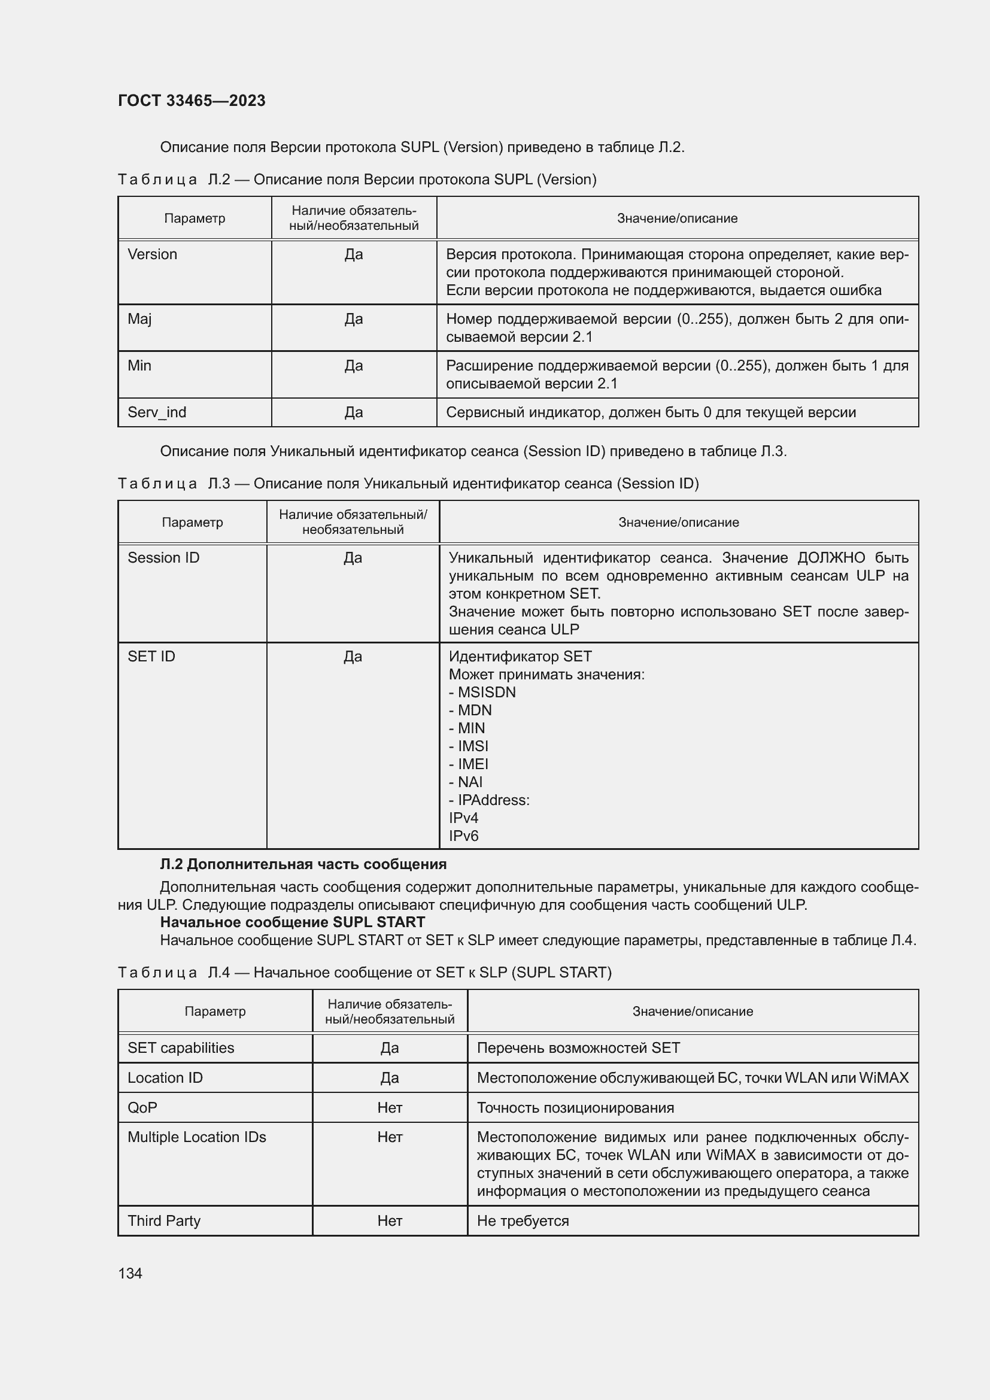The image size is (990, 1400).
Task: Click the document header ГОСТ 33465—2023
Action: pos(192,101)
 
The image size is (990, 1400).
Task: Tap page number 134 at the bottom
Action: pos(130,1273)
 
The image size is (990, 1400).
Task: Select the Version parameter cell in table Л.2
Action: pos(153,254)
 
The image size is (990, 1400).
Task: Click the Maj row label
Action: pos(139,319)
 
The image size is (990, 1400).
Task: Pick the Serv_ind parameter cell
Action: pos(157,412)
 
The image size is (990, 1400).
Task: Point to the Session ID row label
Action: pos(163,558)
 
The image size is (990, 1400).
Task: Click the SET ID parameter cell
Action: pos(151,657)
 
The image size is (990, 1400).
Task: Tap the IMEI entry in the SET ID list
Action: pos(472,764)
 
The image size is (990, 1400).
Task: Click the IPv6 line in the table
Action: pos(464,836)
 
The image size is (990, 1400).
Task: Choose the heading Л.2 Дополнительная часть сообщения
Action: pos(303,864)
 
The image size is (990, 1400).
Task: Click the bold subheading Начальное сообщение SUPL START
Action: pos(292,922)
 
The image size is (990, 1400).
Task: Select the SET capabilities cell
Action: pos(180,1048)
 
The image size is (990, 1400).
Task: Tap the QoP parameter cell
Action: pos(142,1108)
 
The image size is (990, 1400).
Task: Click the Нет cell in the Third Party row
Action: pos(390,1222)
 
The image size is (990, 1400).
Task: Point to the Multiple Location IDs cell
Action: pos(197,1137)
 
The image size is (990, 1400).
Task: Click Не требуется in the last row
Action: pos(523,1222)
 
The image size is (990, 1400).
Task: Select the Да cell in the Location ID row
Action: pos(390,1078)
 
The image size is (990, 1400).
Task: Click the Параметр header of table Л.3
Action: pos(192,523)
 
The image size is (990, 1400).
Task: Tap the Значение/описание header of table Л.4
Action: pos(693,1012)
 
